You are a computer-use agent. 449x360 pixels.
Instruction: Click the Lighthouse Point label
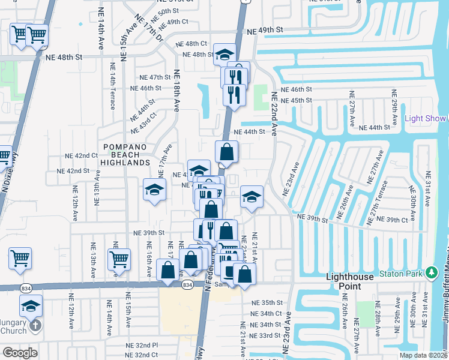click(353, 281)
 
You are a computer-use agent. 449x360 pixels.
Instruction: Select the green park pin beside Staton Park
click(431, 274)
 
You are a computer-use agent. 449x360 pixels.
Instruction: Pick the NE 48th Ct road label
click(191, 44)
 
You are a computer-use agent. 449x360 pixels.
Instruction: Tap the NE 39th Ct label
click(394, 220)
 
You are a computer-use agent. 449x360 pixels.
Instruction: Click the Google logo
click(20, 353)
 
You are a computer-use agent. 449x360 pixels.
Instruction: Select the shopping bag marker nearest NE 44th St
click(226, 151)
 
